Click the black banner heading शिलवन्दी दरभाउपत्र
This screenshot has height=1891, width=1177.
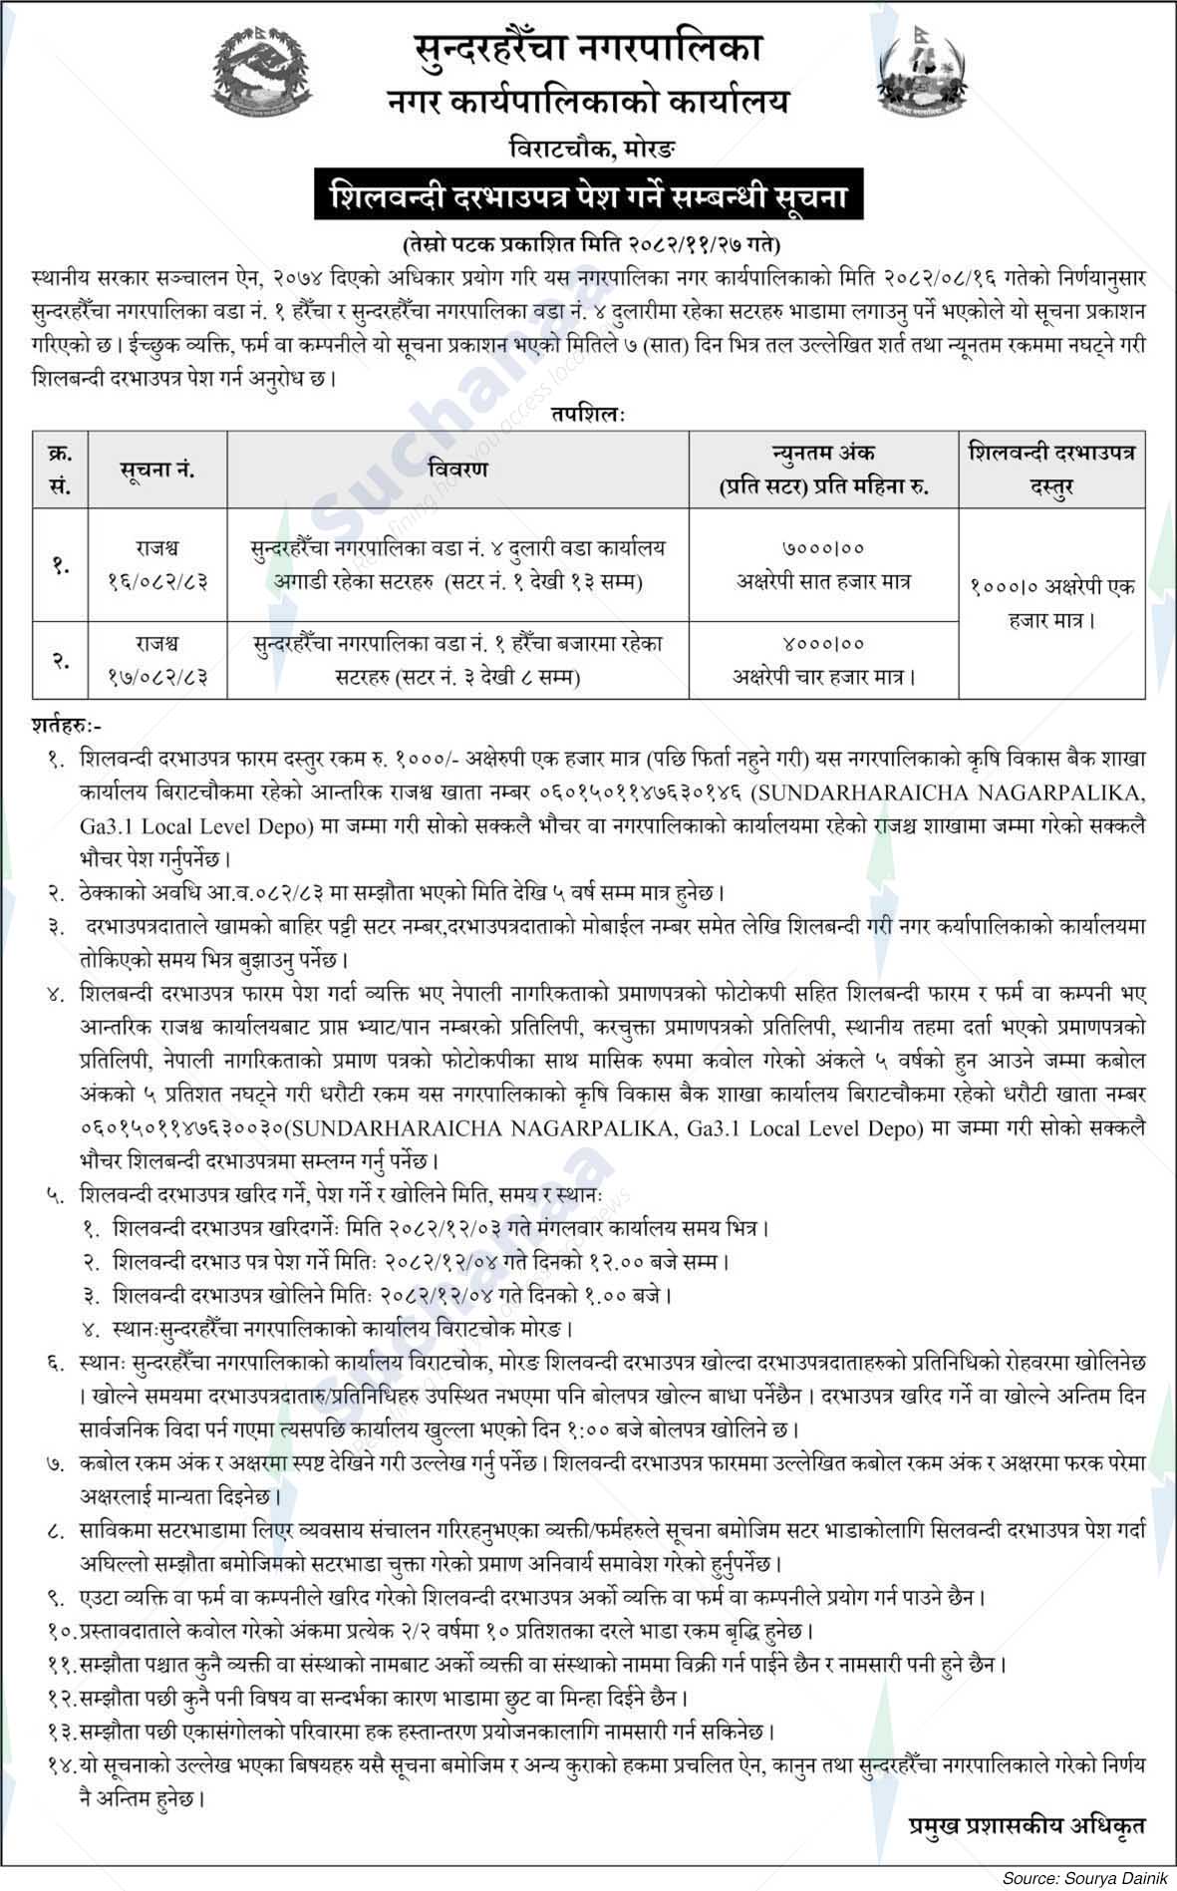coord(588,196)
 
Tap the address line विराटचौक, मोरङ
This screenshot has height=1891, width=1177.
coord(588,150)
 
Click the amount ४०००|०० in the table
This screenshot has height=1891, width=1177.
coord(823,645)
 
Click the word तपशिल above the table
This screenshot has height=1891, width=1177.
coord(587,414)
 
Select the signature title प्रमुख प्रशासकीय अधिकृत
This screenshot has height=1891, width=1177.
coord(1026,1825)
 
